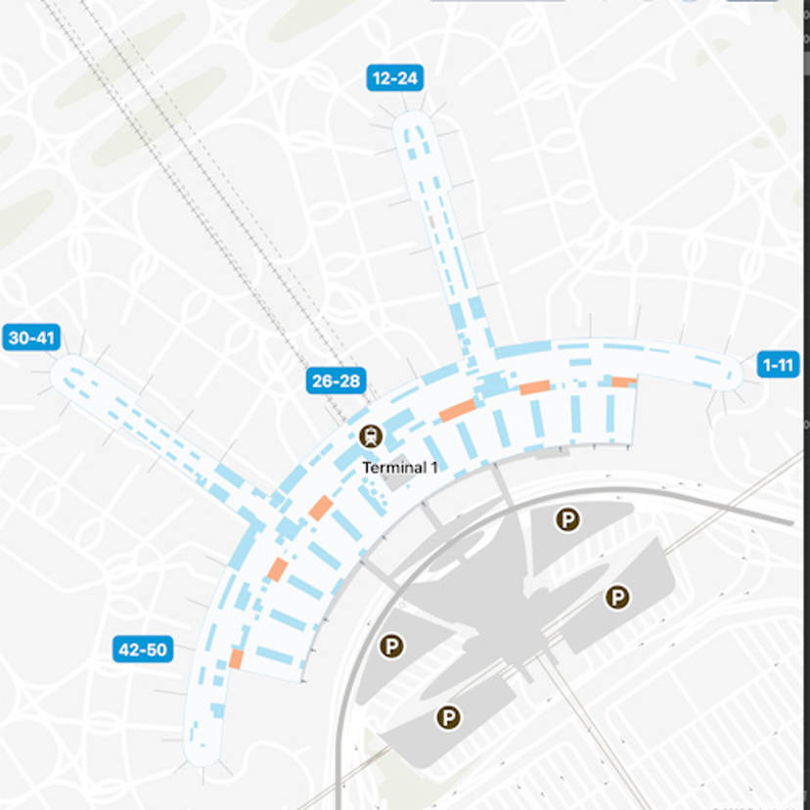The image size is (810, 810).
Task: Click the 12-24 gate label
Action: point(392,78)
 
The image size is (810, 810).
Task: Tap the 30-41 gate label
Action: point(31,338)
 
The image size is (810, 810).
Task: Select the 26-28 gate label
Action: point(336,381)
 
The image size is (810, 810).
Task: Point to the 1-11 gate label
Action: point(779,365)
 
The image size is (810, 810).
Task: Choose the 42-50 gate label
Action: point(143,649)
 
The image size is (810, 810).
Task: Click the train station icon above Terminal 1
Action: point(371,436)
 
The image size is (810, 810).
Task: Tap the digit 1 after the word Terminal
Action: point(433,468)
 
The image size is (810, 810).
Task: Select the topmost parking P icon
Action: point(567,519)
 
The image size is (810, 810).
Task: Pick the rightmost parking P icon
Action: point(617,597)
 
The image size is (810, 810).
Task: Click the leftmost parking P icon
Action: point(392,646)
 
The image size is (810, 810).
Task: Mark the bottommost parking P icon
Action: point(448,718)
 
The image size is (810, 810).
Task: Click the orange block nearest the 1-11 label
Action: point(623,382)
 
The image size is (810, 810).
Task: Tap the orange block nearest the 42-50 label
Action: point(236,658)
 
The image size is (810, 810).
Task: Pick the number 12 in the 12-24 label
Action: point(380,78)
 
